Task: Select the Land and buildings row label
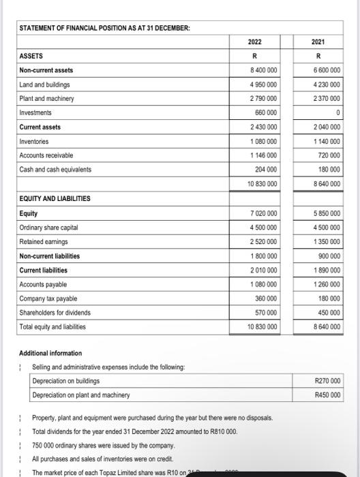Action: [x=45, y=84]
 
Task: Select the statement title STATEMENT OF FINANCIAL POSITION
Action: [x=104, y=27]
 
